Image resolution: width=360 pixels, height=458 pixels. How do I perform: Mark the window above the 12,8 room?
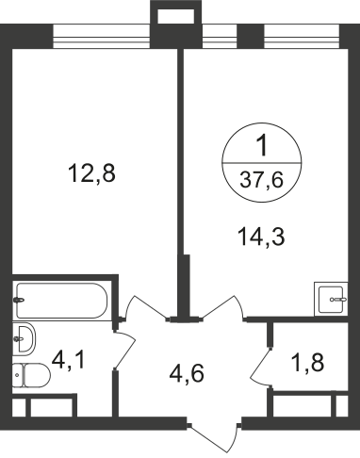point(100,35)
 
